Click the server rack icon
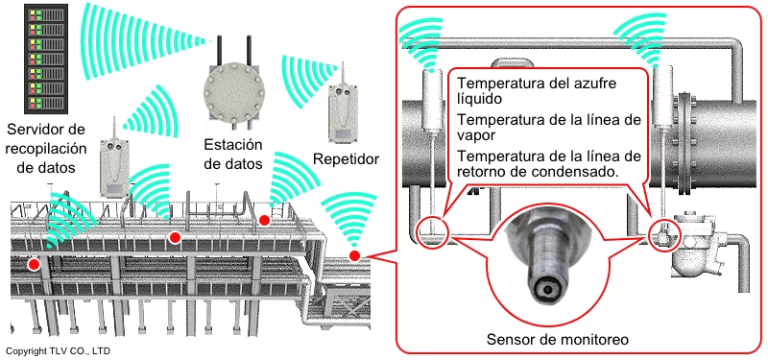[x=45, y=59]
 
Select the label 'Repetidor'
[x=347, y=158]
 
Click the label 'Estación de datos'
[x=232, y=155]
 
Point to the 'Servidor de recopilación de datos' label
[x=46, y=149]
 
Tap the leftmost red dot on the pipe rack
[x=34, y=265]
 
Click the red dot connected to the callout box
[x=354, y=255]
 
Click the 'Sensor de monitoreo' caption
[x=558, y=340]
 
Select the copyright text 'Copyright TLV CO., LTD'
[x=58, y=351]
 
